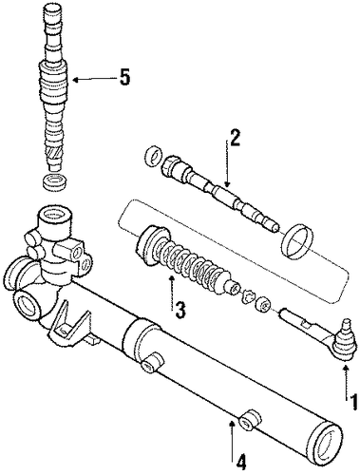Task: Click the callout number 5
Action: [124, 77]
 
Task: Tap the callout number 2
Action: [235, 138]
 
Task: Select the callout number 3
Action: [180, 310]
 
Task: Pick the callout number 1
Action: [351, 403]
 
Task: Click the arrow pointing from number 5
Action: [93, 79]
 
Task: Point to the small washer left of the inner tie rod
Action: [155, 156]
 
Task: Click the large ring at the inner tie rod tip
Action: [298, 239]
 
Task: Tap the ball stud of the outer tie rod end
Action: [346, 340]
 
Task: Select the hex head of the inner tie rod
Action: [171, 165]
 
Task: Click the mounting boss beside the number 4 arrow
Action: [251, 420]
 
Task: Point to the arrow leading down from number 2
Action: [227, 164]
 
